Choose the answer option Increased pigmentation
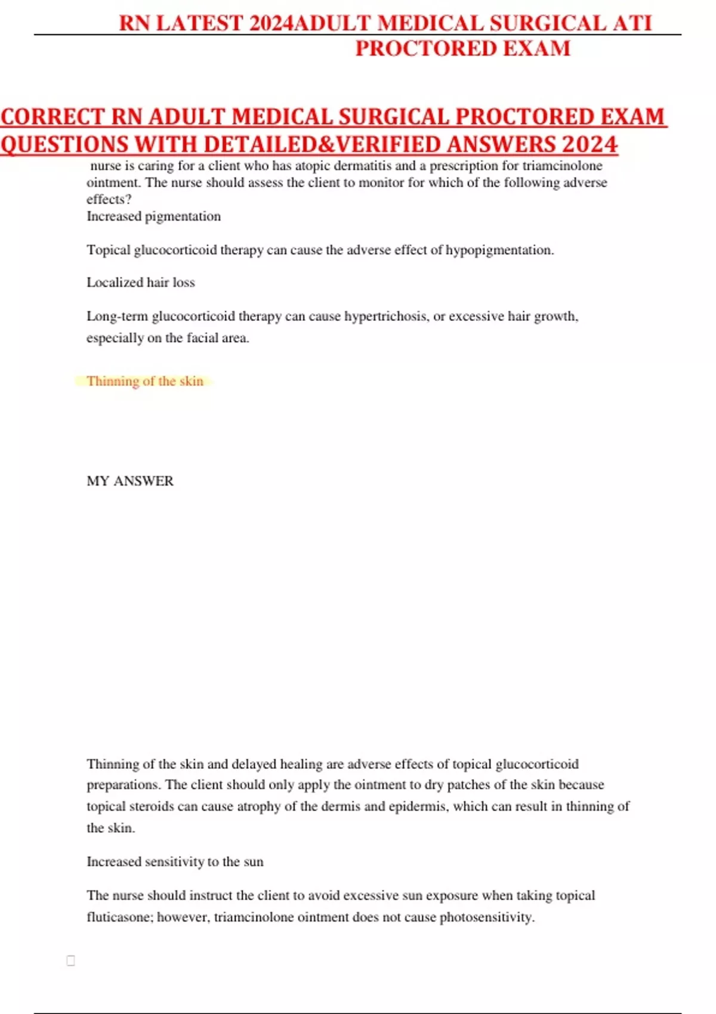pyautogui.click(x=153, y=217)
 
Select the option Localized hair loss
pyautogui.click(x=141, y=283)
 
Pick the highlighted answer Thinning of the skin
pyautogui.click(x=145, y=381)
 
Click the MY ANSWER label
pyautogui.click(x=130, y=481)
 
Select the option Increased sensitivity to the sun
pyautogui.click(x=175, y=862)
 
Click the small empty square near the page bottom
pyautogui.click(x=71, y=960)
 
